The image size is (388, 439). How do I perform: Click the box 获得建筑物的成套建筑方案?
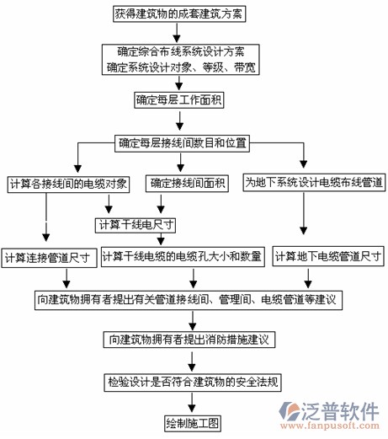175,14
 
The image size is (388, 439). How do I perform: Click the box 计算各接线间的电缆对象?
68,183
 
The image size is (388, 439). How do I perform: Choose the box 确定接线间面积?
183,183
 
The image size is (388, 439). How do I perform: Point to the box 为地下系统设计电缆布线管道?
314,182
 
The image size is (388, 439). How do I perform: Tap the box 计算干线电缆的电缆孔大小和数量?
182,255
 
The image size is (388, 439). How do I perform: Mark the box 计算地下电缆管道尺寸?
329,255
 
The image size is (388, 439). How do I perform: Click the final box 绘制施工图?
193,420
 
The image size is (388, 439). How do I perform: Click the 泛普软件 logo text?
338,412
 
